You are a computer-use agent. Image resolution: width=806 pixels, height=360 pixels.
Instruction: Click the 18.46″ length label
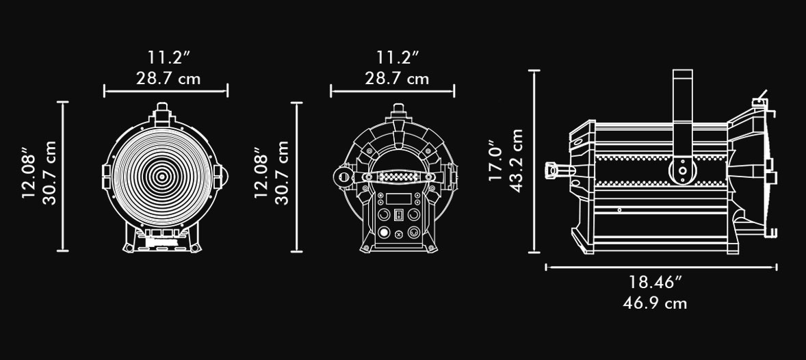tap(655, 283)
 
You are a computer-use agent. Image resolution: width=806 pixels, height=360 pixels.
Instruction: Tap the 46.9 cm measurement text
tap(655, 303)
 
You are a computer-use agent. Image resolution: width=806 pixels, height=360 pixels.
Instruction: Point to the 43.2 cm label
tap(516, 160)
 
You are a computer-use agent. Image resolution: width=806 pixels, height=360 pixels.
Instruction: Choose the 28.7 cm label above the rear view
tap(397, 79)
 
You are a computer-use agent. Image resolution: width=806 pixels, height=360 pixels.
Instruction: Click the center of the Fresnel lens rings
tap(162, 177)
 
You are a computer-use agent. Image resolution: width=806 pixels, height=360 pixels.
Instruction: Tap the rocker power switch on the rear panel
tap(398, 215)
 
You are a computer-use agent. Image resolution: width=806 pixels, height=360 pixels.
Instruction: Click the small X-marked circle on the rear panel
tap(399, 235)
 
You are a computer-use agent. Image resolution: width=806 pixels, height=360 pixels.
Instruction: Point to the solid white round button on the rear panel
tap(383, 233)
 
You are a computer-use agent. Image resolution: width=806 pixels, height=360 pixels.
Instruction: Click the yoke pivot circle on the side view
tap(683, 170)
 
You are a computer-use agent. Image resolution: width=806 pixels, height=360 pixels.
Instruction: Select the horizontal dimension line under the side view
tap(661, 267)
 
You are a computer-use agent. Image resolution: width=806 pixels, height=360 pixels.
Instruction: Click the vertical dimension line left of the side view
tap(534, 162)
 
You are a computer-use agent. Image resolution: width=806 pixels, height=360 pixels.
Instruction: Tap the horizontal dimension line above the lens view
tap(166, 91)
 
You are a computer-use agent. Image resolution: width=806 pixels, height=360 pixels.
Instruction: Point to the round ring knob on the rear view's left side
tap(340, 177)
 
